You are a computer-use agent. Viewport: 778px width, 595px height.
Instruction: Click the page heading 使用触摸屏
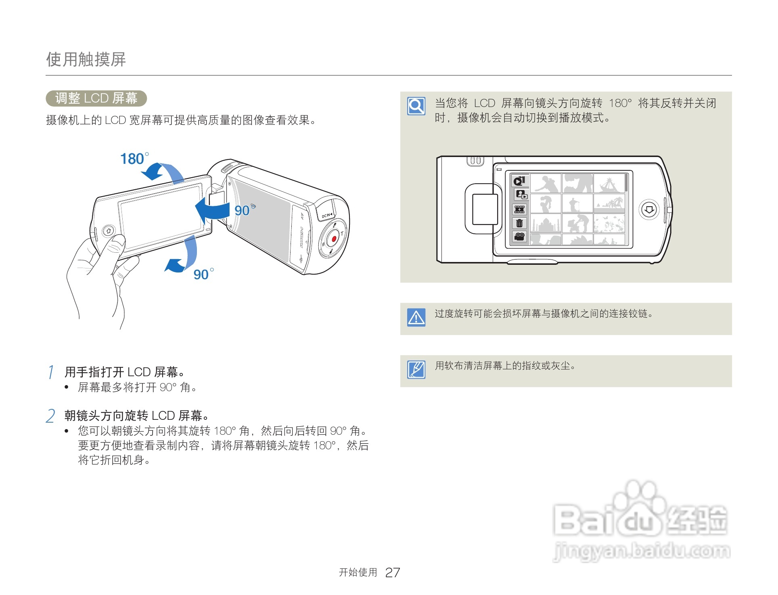[x=86, y=59]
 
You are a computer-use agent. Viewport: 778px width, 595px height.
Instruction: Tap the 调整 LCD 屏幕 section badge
[x=96, y=98]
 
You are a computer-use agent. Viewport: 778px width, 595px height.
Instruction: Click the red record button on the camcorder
[x=334, y=239]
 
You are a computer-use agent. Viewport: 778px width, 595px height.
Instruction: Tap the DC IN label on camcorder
[x=327, y=216]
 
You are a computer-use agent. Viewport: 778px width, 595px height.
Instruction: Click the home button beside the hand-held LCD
[x=108, y=230]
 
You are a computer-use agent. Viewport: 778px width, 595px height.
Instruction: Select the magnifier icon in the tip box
[x=416, y=106]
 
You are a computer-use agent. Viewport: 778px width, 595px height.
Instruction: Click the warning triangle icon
[x=416, y=318]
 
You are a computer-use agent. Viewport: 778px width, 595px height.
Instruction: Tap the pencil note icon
[x=416, y=369]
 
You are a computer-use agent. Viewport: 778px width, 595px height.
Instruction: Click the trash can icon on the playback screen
[x=519, y=223]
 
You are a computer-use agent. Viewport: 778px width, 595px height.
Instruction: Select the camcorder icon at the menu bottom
[x=519, y=237]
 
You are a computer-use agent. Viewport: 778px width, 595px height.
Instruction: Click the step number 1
[x=51, y=372]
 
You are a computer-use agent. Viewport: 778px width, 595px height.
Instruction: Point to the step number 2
[x=50, y=416]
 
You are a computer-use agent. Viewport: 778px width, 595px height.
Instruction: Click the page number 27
[x=392, y=572]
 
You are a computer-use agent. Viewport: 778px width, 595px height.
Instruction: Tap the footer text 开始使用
[x=358, y=572]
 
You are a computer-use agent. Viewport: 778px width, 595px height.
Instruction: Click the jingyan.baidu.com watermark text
[x=642, y=551]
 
